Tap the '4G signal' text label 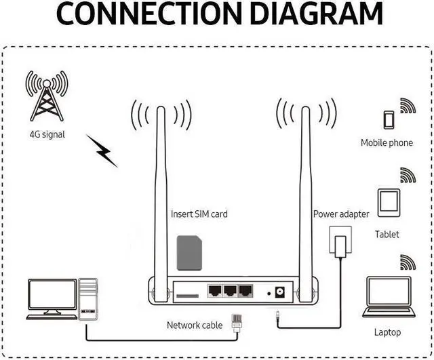coord(47,134)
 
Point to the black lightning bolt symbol coord(102,151)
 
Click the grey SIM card coord(189,253)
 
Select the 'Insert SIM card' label coord(199,214)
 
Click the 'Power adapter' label coord(341,214)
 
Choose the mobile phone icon coord(388,120)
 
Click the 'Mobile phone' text coord(387,143)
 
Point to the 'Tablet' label coord(387,235)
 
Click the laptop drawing coord(388,296)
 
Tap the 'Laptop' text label coord(387,332)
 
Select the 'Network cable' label coord(195,325)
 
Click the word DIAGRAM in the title coord(317,16)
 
